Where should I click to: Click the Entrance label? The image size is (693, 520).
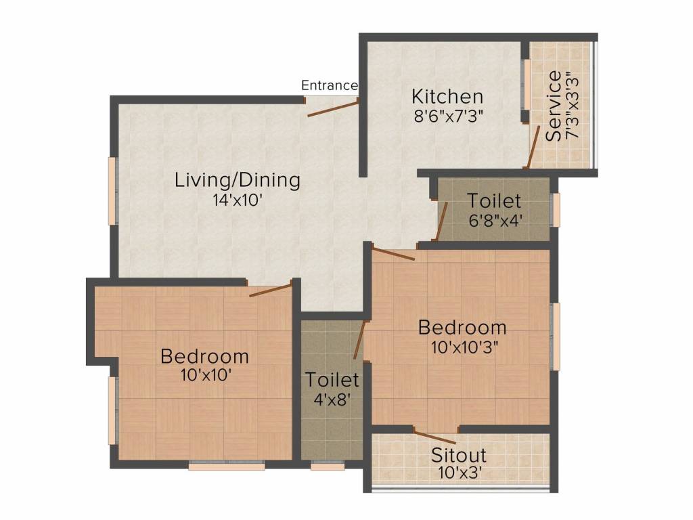[x=330, y=85]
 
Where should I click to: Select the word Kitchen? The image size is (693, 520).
[x=447, y=96]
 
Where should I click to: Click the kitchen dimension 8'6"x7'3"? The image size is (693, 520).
[x=448, y=116]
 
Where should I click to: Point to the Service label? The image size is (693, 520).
[x=554, y=106]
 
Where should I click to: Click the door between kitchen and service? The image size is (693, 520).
[x=533, y=147]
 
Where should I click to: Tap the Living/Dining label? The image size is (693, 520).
[x=238, y=180]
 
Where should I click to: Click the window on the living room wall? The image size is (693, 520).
[x=113, y=191]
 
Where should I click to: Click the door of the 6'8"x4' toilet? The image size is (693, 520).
[x=442, y=221]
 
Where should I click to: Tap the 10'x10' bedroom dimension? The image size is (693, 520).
[x=206, y=375]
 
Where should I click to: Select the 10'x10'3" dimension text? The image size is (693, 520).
[x=464, y=347]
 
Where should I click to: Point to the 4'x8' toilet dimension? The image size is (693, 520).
[x=332, y=400]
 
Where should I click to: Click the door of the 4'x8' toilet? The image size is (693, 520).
[x=359, y=340]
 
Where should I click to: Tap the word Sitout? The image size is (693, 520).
[x=459, y=455]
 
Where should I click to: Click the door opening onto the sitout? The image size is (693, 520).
[x=435, y=437]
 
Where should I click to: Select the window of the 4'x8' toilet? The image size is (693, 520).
[x=328, y=466]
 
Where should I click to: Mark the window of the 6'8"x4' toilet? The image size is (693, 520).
[x=556, y=210]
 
